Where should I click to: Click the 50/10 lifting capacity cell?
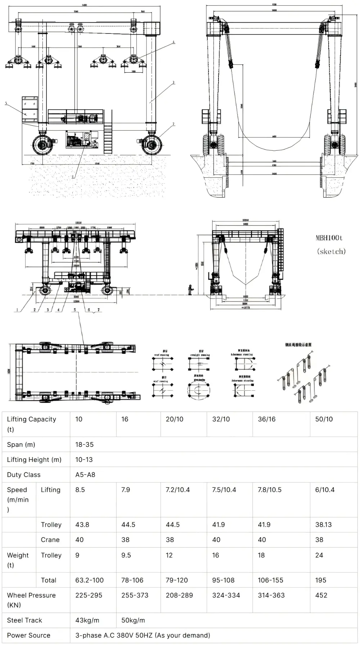click(x=324, y=419)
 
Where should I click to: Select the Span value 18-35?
click(x=84, y=444)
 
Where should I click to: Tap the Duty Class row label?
click(x=24, y=474)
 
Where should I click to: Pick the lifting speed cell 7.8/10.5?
click(x=269, y=490)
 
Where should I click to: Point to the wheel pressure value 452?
click(x=321, y=595)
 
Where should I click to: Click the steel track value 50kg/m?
click(x=133, y=620)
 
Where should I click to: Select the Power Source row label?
click(x=28, y=635)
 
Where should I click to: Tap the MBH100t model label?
click(x=329, y=238)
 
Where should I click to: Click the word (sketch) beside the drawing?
click(x=331, y=251)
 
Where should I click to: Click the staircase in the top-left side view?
click(x=108, y=137)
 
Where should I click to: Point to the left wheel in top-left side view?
click(x=43, y=145)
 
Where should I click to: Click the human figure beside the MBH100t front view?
click(x=190, y=290)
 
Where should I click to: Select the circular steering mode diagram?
click(x=198, y=390)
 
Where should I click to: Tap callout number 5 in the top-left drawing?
click(x=6, y=103)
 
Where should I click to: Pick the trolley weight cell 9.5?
click(x=126, y=555)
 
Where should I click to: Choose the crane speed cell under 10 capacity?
click(x=79, y=540)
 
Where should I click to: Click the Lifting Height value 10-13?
click(x=84, y=459)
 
